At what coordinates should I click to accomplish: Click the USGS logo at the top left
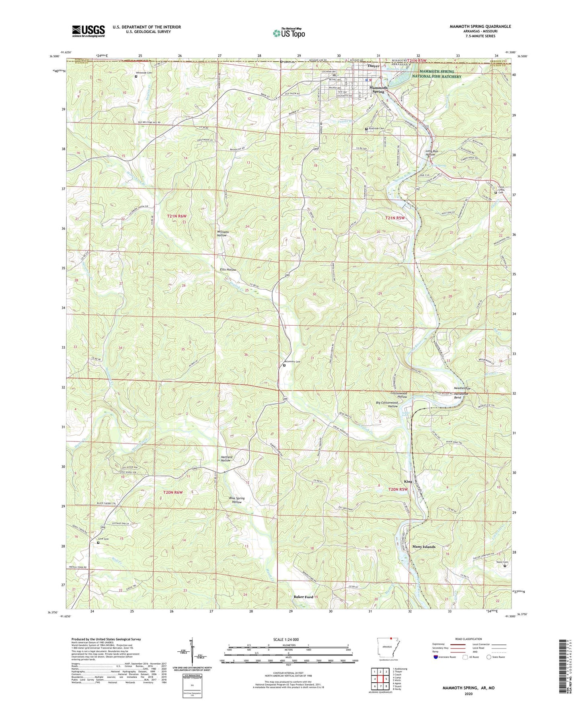(88, 31)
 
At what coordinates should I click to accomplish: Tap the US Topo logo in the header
(289, 33)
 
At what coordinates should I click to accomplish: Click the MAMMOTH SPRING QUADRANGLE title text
(480, 27)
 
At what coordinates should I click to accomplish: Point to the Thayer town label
(373, 66)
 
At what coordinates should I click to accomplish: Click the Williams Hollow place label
(223, 234)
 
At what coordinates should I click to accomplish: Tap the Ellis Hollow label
(228, 270)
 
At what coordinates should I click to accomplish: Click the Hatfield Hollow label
(226, 459)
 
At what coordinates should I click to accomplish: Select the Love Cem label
(103, 539)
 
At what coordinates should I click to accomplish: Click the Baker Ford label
(303, 597)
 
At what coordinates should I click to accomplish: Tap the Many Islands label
(424, 547)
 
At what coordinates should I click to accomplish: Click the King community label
(408, 481)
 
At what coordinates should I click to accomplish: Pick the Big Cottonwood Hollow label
(387, 404)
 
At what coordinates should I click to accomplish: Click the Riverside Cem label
(376, 129)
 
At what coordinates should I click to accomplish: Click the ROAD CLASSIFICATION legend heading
(468, 639)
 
